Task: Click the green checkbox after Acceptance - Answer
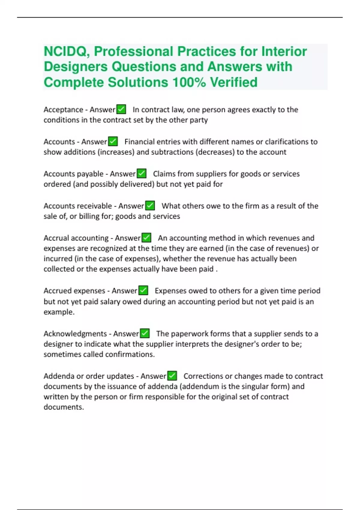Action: coord(121,109)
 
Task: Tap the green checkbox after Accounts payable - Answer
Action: coord(142,173)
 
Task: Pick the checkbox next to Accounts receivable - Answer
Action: coord(150,205)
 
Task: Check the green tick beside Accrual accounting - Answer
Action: coord(146,238)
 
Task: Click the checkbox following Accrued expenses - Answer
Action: coord(143,290)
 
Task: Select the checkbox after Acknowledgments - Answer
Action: coord(145,333)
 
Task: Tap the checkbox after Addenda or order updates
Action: coord(172,376)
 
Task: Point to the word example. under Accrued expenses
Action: coord(59,312)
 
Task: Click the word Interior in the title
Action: coord(284,52)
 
